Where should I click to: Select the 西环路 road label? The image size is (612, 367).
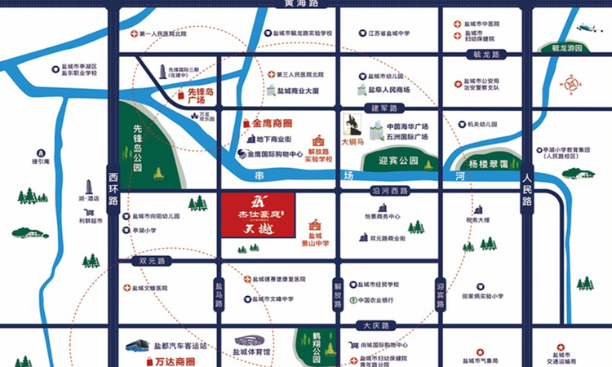(x=113, y=187)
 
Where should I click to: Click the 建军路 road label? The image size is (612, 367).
(x=385, y=108)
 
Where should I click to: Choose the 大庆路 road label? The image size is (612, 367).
(x=373, y=326)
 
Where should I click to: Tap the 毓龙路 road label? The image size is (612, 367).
(x=487, y=55)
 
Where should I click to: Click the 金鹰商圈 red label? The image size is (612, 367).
(x=272, y=123)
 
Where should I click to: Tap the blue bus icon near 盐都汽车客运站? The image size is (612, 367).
(x=140, y=346)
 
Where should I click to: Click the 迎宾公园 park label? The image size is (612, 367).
(x=398, y=161)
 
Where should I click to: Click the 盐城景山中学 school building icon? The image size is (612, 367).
(x=315, y=224)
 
